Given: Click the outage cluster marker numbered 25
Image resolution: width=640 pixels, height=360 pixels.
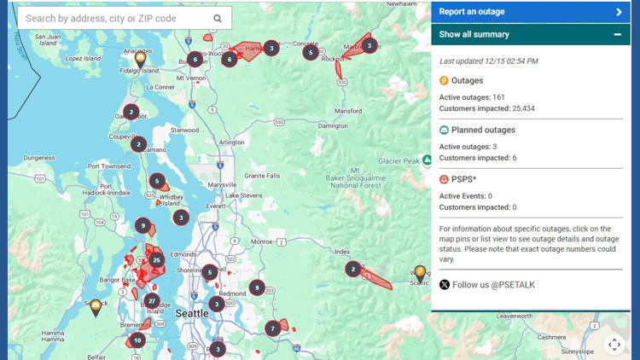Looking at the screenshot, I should pyautogui.click(x=156, y=259).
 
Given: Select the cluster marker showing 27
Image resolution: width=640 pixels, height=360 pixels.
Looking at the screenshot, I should pyautogui.click(x=152, y=300).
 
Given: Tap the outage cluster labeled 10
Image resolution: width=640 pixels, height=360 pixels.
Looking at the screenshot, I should pyautogui.click(x=137, y=340).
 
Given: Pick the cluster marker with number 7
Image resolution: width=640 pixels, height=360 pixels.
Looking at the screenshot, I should pyautogui.click(x=272, y=328).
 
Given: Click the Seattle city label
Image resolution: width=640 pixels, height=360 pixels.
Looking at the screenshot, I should pyautogui.click(x=191, y=313).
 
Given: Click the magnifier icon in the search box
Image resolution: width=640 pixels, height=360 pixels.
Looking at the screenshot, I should pyautogui.click(x=218, y=18).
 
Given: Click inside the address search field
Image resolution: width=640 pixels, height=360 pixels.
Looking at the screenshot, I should pyautogui.click(x=111, y=18).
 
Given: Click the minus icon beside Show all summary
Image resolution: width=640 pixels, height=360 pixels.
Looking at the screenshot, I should pyautogui.click(x=617, y=35).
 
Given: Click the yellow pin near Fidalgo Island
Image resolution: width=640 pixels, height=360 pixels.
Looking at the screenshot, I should pyautogui.click(x=140, y=58).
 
